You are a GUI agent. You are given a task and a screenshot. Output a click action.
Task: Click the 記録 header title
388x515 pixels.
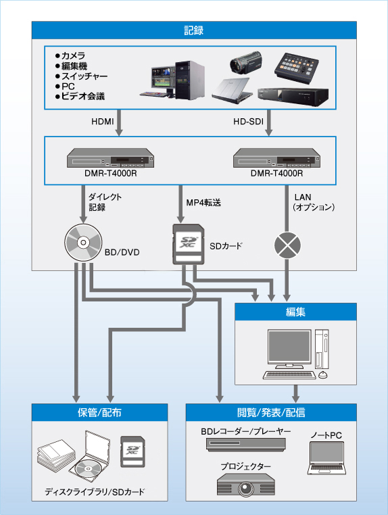point(194,30)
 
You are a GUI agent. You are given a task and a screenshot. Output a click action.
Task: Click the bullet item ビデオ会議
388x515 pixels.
point(82,97)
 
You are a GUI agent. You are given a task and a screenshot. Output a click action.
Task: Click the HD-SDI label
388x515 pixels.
point(247,123)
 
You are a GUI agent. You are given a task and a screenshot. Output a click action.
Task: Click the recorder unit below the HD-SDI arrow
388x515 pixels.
point(275,160)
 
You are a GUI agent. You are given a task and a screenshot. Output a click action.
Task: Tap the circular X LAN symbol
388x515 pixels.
point(289,244)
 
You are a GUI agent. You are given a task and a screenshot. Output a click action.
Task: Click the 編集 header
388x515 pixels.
point(295,312)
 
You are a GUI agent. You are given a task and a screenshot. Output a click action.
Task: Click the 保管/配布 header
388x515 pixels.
point(99,412)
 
